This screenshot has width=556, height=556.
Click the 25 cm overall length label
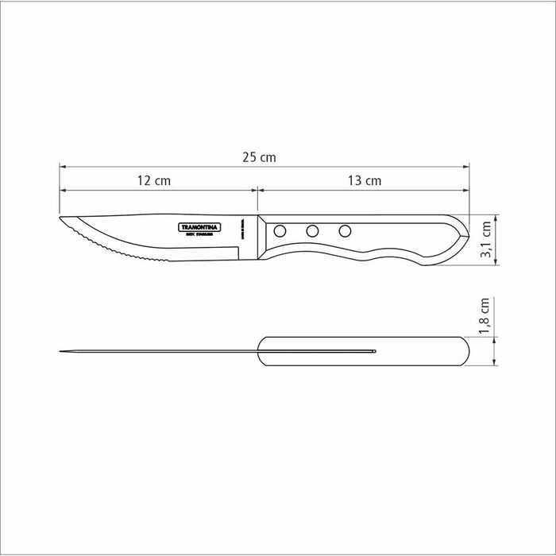pyautogui.click(x=260, y=157)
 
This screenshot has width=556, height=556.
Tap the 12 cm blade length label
pyautogui.click(x=154, y=180)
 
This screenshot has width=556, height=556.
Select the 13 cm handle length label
pyautogui.click(x=365, y=180)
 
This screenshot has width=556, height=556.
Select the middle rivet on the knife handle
pyautogui.click(x=312, y=231)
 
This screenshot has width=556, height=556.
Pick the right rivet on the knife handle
pyautogui.click(x=345, y=231)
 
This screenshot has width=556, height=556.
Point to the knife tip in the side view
pyautogui.click(x=61, y=220)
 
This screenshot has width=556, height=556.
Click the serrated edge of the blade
pyautogui.click(x=103, y=245)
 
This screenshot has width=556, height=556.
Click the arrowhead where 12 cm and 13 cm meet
pyautogui.click(x=256, y=190)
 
